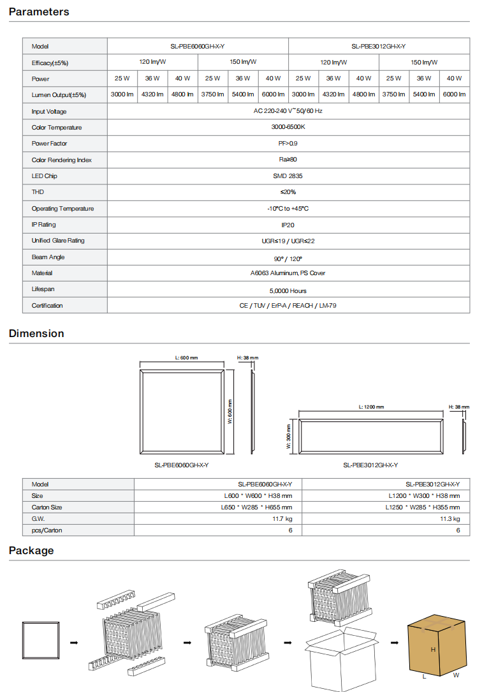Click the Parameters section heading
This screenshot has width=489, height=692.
point(39,11)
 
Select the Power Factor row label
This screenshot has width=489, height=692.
point(49,144)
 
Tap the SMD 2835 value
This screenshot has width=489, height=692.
point(288,176)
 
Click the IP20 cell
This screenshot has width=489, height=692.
point(288,225)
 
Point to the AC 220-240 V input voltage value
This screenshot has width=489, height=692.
point(288,111)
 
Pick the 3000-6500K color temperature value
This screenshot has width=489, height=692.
point(288,127)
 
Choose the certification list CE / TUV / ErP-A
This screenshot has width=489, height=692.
point(288,306)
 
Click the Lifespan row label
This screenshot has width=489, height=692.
point(43,289)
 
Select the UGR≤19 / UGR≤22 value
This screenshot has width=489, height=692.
point(288,241)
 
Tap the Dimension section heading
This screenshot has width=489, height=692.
point(36,333)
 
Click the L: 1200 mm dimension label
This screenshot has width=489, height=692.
point(371,407)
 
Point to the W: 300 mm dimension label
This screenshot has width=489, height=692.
point(289,437)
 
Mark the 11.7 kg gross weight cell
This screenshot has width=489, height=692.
point(282,518)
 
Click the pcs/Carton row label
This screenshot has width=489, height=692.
point(47,530)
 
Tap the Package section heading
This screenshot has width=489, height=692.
point(31,550)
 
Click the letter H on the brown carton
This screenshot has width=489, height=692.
point(433,649)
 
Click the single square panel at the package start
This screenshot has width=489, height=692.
point(41,642)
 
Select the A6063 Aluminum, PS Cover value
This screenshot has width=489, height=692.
point(288,273)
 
